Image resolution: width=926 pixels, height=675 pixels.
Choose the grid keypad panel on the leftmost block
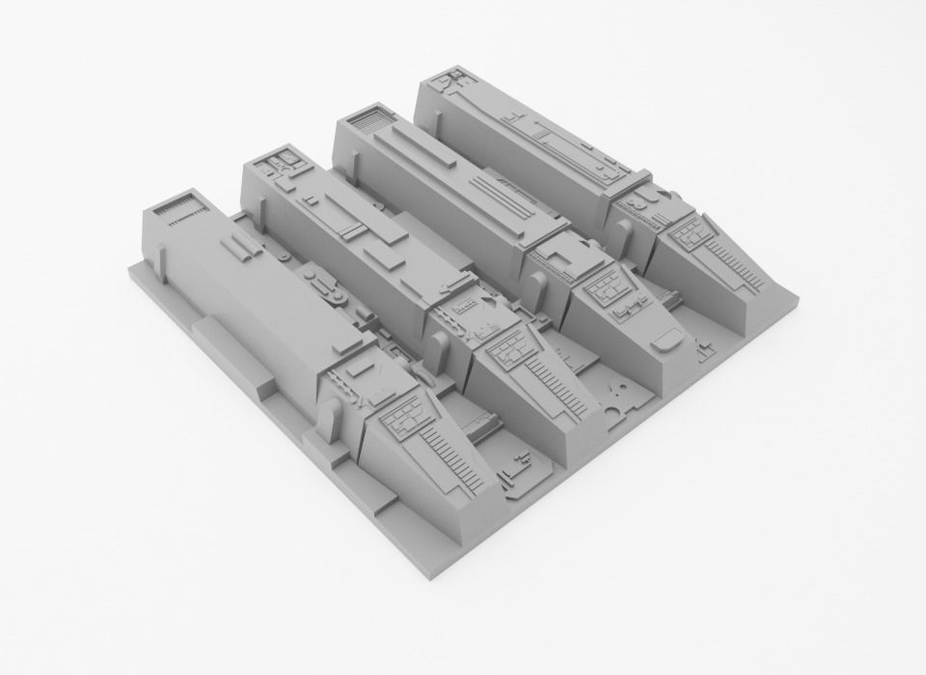tap(405, 417)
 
